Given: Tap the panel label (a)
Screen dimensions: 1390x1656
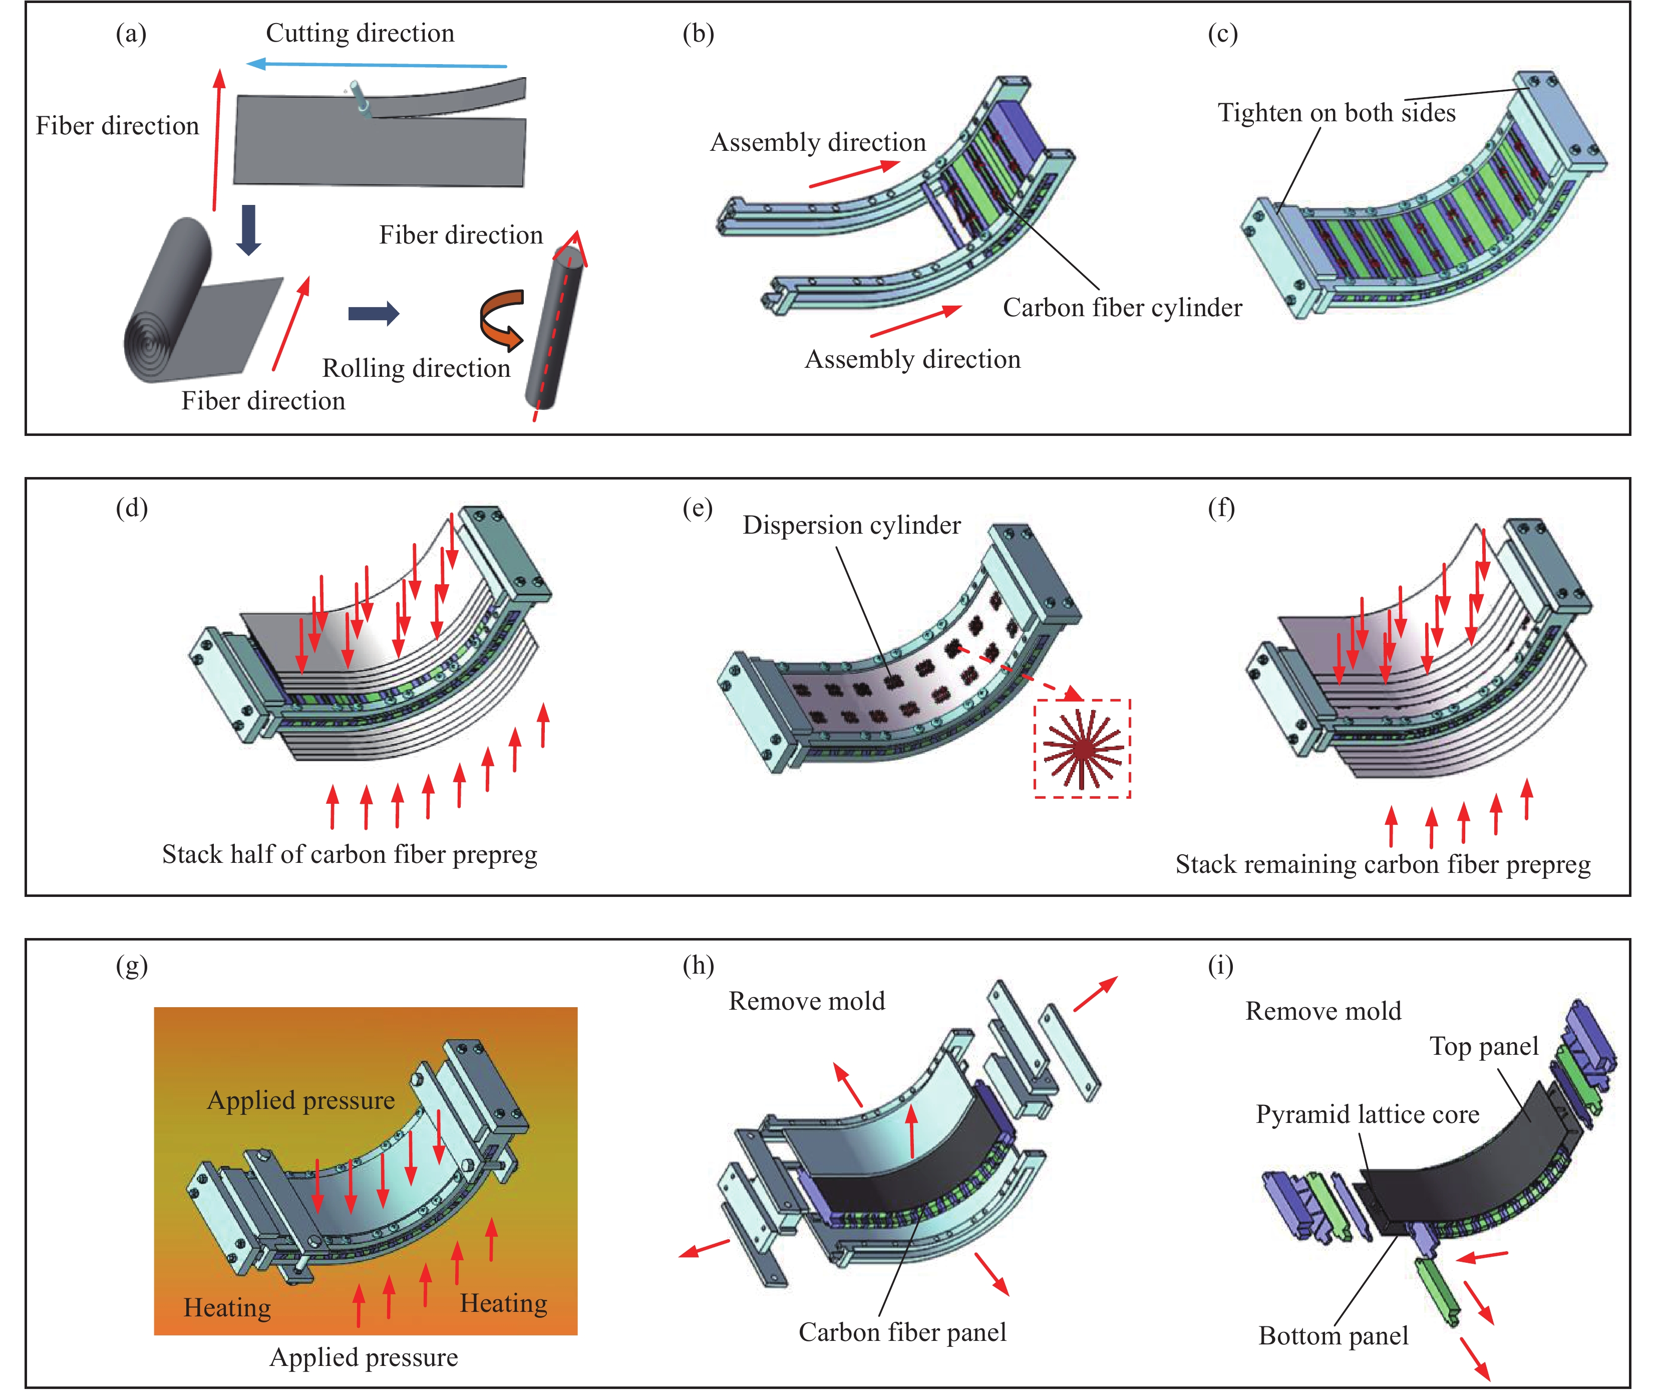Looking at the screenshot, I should click(x=131, y=34).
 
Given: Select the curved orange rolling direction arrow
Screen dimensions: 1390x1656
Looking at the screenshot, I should click(x=502, y=319).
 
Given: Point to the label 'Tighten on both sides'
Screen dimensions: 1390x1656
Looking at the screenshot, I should click(x=1336, y=113).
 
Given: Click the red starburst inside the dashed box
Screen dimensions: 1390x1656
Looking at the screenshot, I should click(x=1082, y=748).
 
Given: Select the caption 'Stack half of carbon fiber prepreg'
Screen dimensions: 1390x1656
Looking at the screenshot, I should click(x=350, y=854).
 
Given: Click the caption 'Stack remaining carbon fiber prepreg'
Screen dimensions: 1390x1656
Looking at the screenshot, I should click(x=1383, y=864).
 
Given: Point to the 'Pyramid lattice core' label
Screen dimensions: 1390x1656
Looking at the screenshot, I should click(x=1367, y=1115).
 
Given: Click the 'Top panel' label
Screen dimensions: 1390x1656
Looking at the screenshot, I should click(x=1483, y=1047).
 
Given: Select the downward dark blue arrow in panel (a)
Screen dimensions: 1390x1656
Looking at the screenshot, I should click(x=249, y=229).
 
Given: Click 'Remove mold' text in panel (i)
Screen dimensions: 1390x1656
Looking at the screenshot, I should click(x=1322, y=1011).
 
